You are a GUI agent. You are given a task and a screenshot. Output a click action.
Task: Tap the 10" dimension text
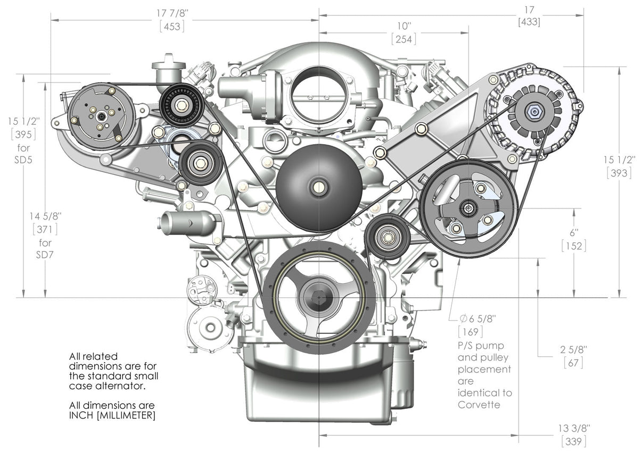pos(404,26)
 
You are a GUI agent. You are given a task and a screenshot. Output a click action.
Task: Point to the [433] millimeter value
pos(529,22)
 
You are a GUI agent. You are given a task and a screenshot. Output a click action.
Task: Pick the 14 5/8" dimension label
pos(46,216)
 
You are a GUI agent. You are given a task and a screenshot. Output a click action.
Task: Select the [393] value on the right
pos(619,173)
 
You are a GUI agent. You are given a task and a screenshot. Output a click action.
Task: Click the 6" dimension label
pos(573,233)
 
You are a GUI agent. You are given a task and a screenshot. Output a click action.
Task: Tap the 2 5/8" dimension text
pos(573,350)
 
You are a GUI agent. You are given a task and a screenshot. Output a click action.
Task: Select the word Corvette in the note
pos(480,405)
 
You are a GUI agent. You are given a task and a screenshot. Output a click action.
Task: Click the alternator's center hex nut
pos(533,111)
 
